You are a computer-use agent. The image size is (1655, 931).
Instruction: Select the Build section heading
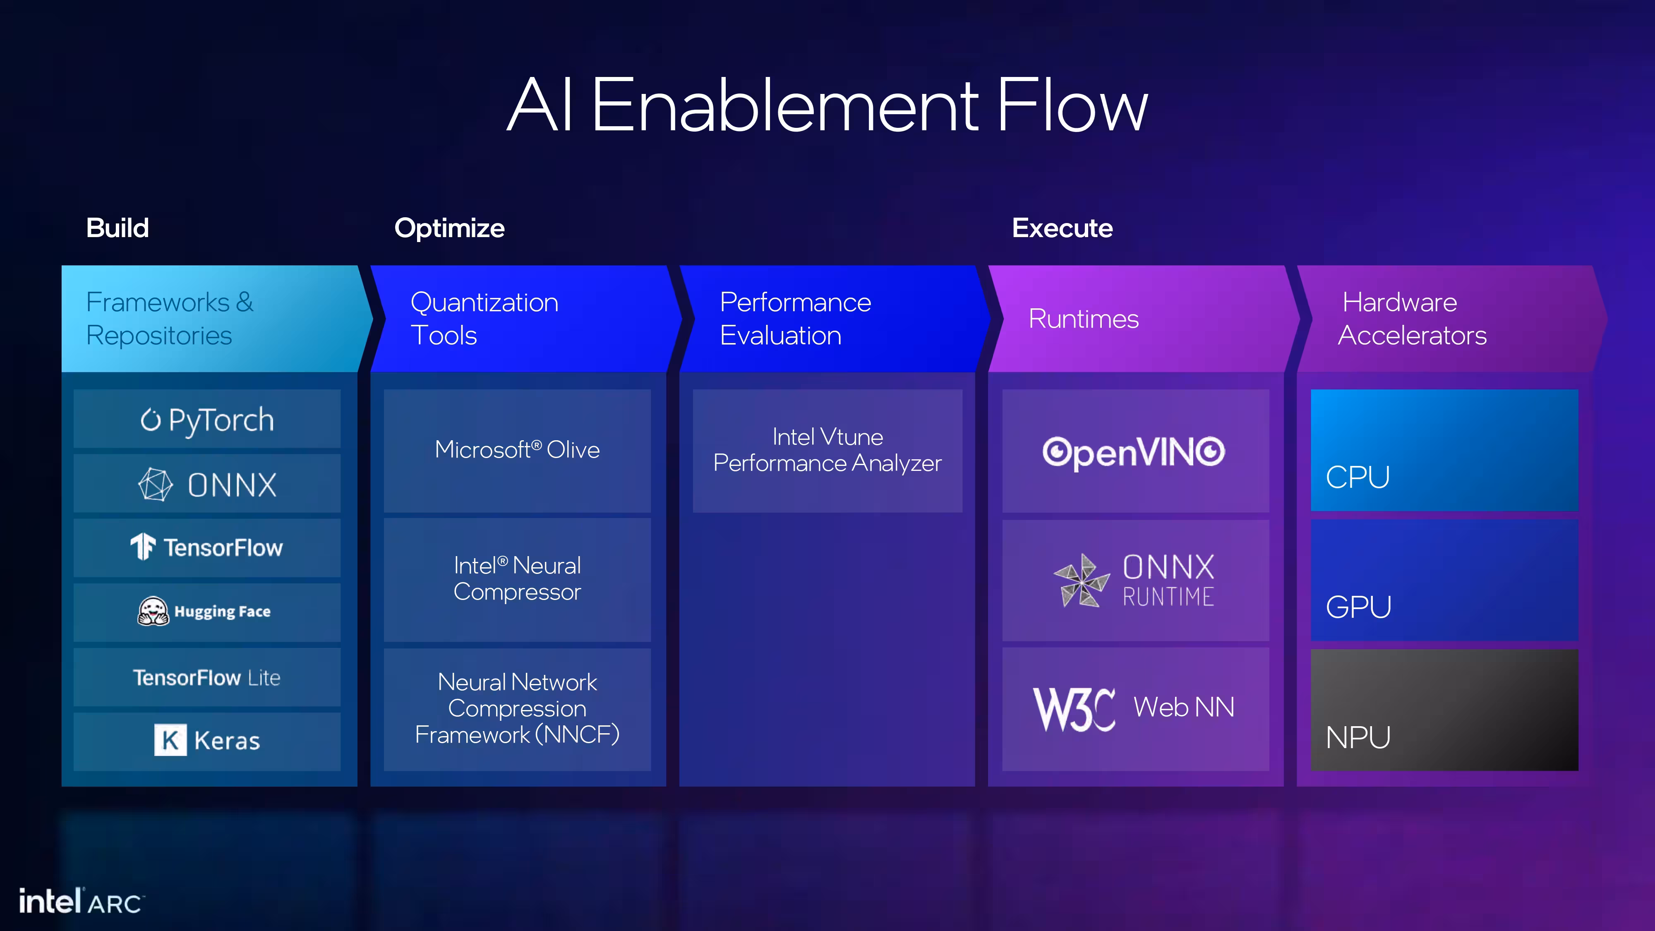click(118, 228)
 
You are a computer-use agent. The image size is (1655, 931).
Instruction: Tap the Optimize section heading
click(449, 228)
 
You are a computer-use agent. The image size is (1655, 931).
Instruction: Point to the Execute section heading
click(1062, 228)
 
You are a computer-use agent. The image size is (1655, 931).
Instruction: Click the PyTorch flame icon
click(150, 420)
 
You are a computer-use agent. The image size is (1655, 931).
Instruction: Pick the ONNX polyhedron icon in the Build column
click(156, 485)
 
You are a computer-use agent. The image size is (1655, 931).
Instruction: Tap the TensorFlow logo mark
click(143, 547)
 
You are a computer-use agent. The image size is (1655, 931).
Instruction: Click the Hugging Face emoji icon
click(153, 611)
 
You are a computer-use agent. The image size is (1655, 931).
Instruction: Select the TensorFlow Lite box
click(207, 677)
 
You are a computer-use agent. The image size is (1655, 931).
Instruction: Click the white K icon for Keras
click(170, 740)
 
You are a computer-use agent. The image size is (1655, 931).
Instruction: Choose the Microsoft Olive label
click(517, 450)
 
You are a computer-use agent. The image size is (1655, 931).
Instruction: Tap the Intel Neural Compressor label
click(517, 578)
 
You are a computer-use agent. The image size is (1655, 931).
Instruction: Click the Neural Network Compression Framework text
click(517, 708)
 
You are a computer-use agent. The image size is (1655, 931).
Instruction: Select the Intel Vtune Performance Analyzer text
click(827, 450)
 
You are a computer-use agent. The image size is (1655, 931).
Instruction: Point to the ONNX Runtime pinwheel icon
click(1082, 580)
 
